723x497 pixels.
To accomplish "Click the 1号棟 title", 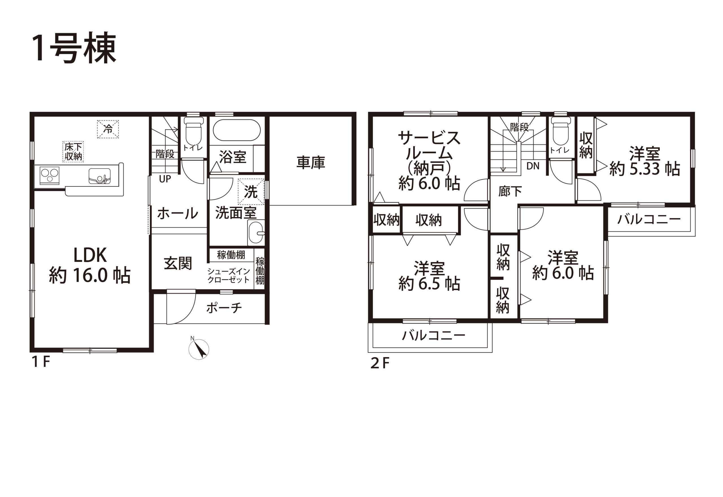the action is pyautogui.click(x=74, y=48).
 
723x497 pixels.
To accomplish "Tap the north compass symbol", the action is pyautogui.click(x=199, y=349).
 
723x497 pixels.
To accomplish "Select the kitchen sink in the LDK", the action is pyautogui.click(x=100, y=176).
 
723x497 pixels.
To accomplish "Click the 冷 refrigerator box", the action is pyautogui.click(x=108, y=129).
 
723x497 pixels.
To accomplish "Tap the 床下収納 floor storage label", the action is pyautogui.click(x=73, y=152).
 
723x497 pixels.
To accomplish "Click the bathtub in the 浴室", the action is pyautogui.click(x=237, y=130).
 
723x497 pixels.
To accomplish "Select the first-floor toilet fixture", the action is pyautogui.click(x=193, y=131).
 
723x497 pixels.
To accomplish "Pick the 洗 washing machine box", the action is pyautogui.click(x=251, y=191).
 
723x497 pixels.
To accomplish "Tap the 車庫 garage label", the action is pyautogui.click(x=311, y=163).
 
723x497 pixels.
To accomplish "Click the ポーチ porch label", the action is pyautogui.click(x=224, y=308).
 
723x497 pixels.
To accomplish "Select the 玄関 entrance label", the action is pyautogui.click(x=178, y=263).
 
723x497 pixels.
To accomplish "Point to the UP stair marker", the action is pyautogui.click(x=165, y=179).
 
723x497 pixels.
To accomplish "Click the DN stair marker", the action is pyautogui.click(x=533, y=166).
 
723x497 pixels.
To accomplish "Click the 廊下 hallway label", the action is pyautogui.click(x=510, y=191).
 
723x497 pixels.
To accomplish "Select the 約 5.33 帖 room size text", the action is pyautogui.click(x=644, y=169).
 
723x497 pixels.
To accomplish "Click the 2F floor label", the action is pyautogui.click(x=380, y=363).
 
